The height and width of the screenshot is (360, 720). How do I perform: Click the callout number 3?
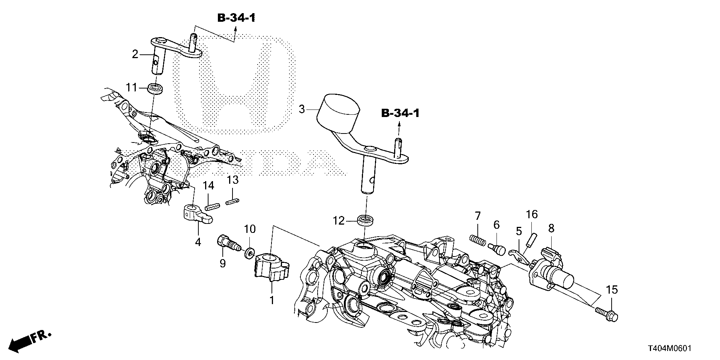(301, 109)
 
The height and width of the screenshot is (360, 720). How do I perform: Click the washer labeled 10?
(248, 252)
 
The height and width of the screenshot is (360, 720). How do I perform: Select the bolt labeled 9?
(227, 246)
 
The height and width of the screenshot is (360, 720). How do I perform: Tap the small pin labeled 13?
(232, 202)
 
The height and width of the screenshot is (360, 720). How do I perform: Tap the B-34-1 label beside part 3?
(400, 113)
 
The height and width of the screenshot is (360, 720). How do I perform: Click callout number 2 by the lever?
(135, 54)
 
